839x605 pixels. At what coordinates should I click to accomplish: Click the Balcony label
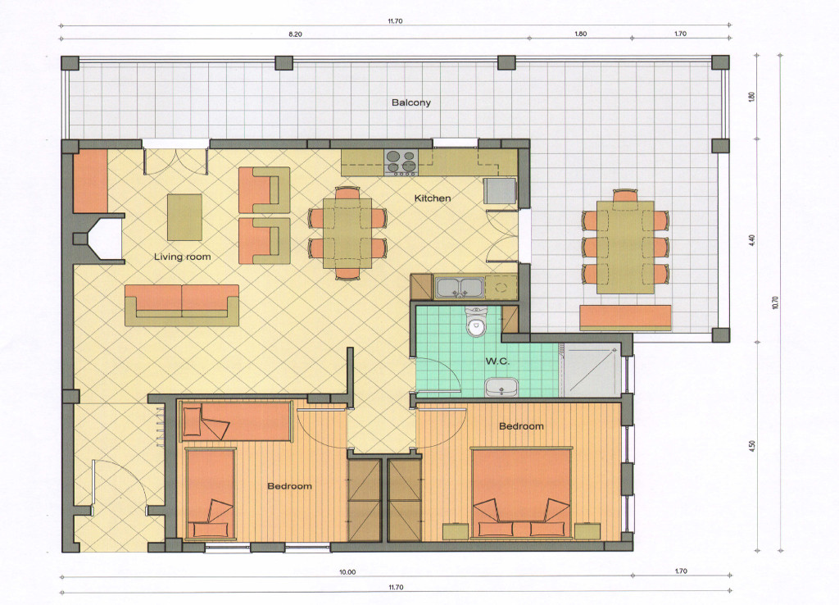(x=411, y=102)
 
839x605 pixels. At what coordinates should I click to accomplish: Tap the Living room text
(x=183, y=257)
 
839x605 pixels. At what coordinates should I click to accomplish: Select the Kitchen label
(x=433, y=198)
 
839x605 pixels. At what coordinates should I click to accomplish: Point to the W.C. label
(x=497, y=362)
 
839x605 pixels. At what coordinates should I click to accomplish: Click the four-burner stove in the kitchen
(x=401, y=163)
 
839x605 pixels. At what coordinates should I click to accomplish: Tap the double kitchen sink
(x=459, y=287)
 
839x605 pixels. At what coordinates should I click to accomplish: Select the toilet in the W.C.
(x=475, y=321)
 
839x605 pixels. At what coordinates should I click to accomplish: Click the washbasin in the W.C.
(x=502, y=387)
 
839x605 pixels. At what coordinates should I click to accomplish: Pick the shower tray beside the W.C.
(x=591, y=371)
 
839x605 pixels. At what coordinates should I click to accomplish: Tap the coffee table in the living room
(x=184, y=217)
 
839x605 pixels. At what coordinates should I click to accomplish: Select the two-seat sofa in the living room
(x=182, y=305)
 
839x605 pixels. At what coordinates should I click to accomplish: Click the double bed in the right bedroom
(x=521, y=494)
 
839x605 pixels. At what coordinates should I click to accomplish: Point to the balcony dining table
(x=625, y=247)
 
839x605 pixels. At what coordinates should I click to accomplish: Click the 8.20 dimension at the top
(x=295, y=34)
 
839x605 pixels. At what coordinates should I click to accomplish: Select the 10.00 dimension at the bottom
(x=347, y=572)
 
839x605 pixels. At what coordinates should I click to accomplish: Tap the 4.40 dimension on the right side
(x=752, y=240)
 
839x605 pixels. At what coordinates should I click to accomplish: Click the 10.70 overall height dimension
(x=776, y=302)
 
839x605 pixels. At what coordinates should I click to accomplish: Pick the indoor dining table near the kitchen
(x=347, y=233)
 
